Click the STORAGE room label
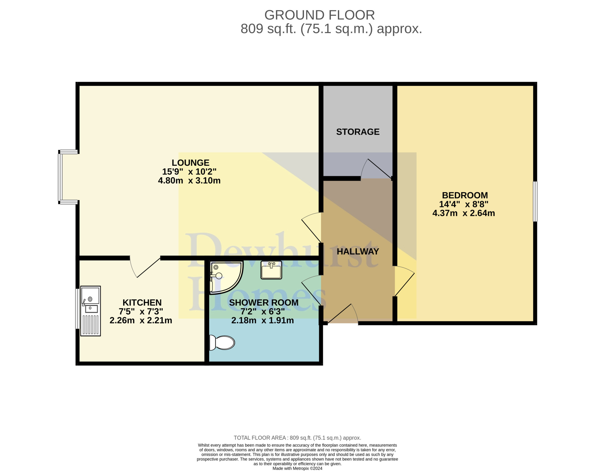(358, 132)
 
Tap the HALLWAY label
(358, 251)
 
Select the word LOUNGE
(190, 163)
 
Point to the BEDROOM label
(465, 195)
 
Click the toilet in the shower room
(222, 342)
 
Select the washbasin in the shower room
(271, 270)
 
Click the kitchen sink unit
(90, 311)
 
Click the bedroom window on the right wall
(535, 201)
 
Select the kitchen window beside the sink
(77, 309)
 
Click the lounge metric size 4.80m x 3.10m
(189, 181)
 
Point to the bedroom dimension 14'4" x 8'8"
(464, 204)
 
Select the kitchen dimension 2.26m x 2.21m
(141, 320)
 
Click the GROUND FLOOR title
(320, 15)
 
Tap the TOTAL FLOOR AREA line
(297, 438)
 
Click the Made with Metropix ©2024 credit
(297, 468)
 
